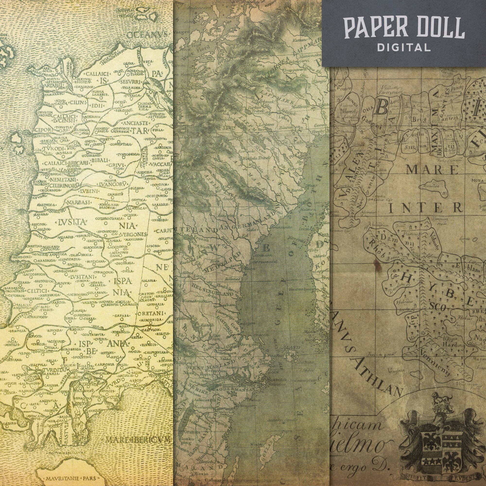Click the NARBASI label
click(x=76, y=202)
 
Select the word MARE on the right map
click(x=432, y=170)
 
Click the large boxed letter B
click(x=381, y=108)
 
